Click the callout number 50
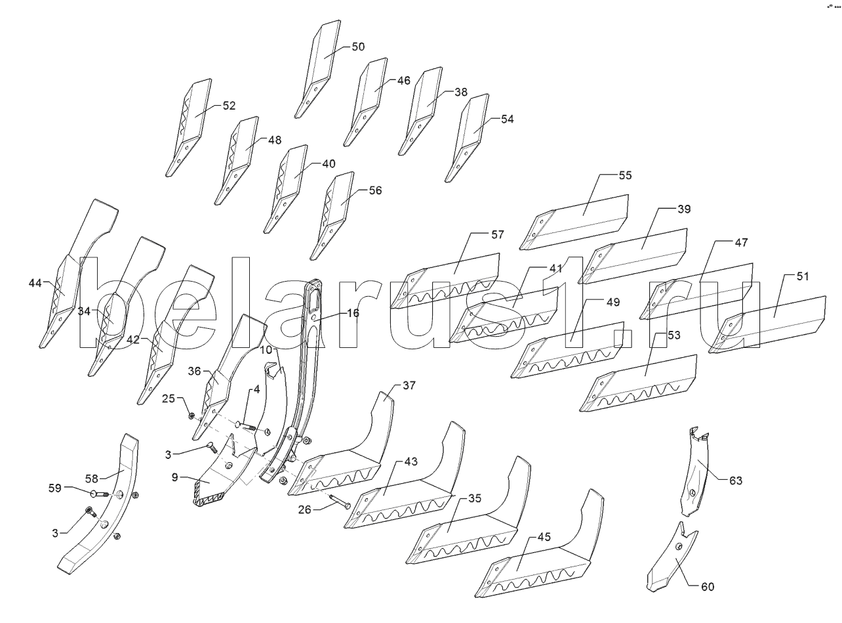pos(358,47)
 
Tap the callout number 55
pos(624,176)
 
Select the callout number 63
pos(735,481)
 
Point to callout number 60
pos(707,587)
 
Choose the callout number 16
pos(353,313)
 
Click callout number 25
pos(169,398)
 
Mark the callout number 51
pos(803,276)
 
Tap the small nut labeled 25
pos(191,416)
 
